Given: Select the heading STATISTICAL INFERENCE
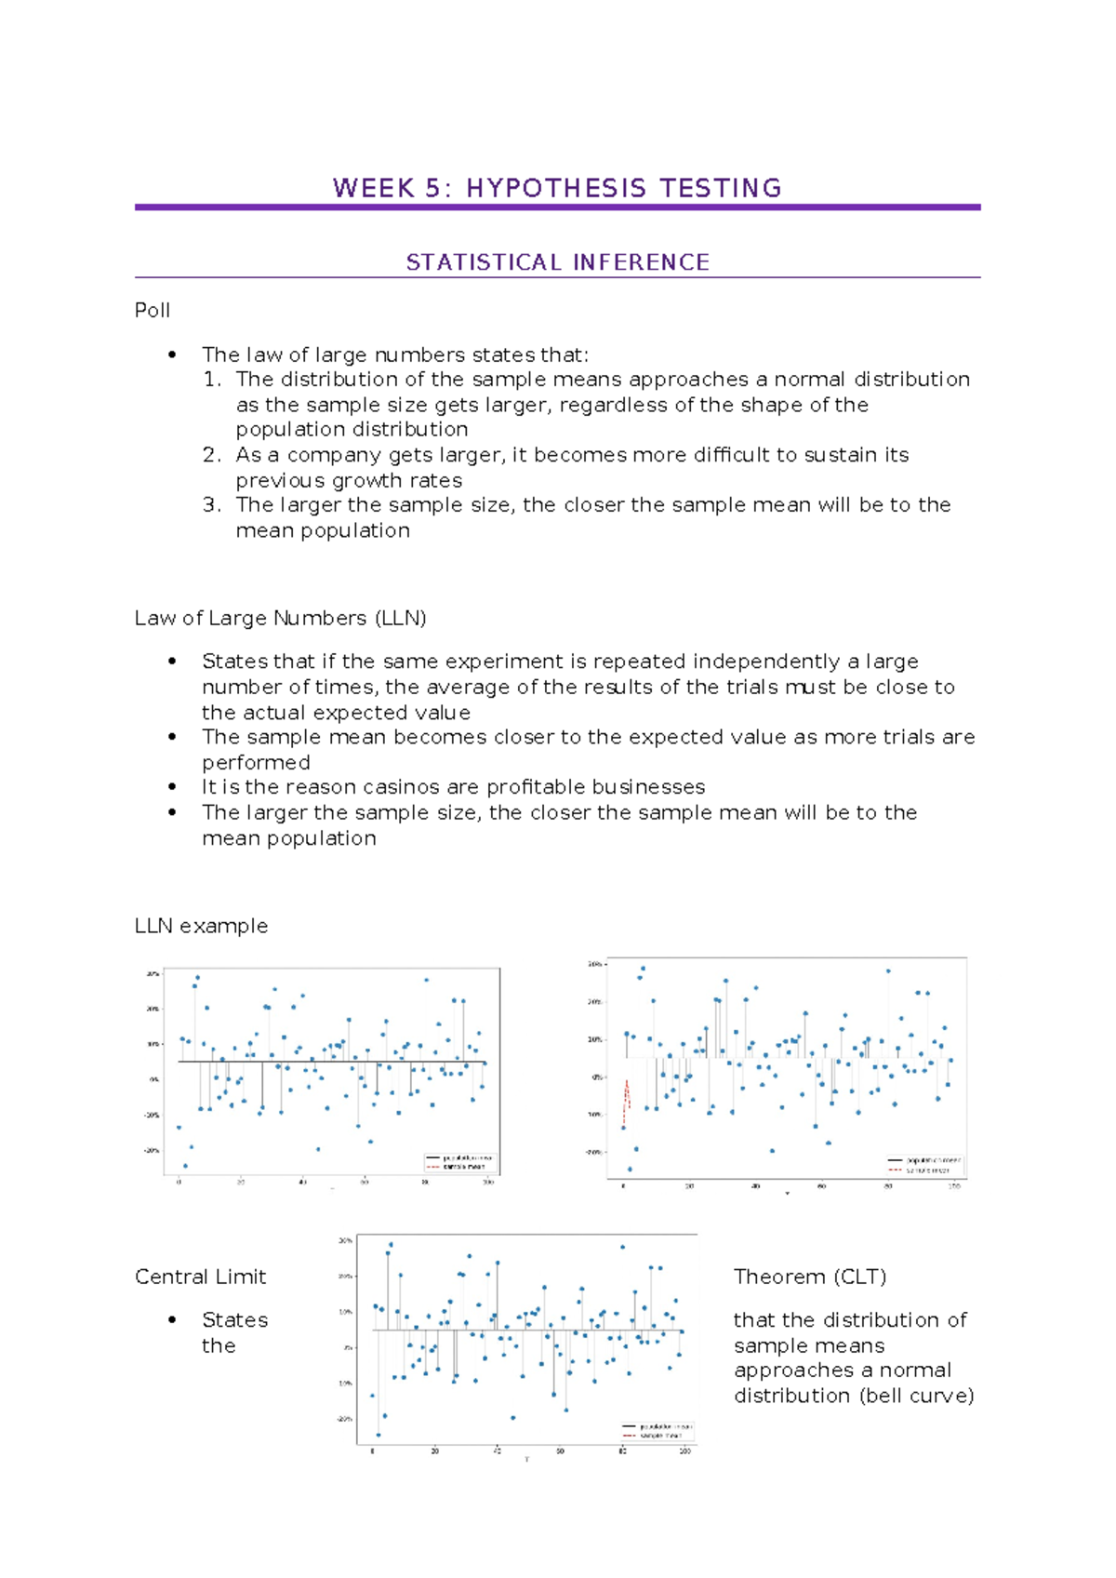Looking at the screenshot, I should coord(557,262).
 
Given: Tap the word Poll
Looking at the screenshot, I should coord(152,311).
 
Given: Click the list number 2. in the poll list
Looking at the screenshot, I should coord(212,455).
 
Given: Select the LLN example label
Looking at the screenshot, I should coord(201,927).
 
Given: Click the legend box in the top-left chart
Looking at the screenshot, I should coord(460,1162).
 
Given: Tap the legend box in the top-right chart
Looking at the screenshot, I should coord(923,1166).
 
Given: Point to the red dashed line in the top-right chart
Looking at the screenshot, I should coord(627,1095).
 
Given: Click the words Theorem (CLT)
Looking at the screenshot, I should coord(809,1277).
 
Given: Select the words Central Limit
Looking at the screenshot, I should coord(200,1277).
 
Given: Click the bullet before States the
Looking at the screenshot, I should coord(172,1320).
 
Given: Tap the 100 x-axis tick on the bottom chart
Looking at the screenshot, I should coord(685,1451).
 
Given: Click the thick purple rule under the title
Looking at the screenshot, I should coord(557,207).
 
